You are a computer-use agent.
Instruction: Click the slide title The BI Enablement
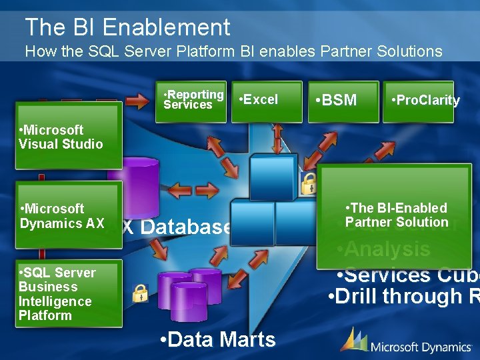tap(127, 27)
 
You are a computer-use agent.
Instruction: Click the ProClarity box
tap(419, 101)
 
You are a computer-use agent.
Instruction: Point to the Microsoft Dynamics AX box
tap(69, 216)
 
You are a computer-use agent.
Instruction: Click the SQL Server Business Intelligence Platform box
tap(69, 294)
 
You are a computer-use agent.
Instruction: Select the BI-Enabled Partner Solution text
tap(397, 215)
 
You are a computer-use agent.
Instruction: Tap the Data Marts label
tap(219, 339)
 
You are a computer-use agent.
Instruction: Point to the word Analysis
tap(383, 249)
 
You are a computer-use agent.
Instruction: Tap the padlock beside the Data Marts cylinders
tap(140, 292)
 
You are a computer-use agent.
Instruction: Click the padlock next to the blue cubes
tap(309, 183)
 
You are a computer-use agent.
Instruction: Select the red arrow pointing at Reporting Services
tap(138, 101)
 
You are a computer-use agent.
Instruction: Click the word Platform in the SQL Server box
tap(45, 315)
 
